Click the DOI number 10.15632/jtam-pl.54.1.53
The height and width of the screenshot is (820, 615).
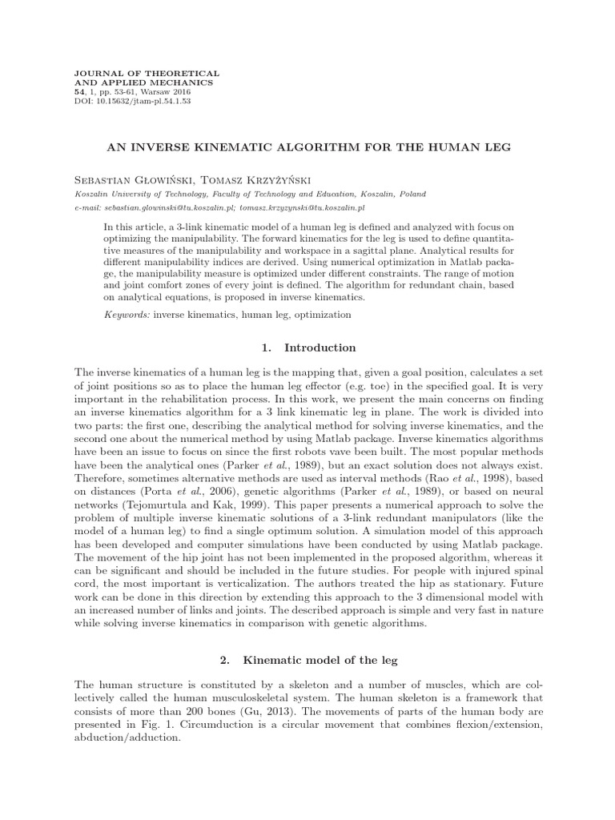coord(142,102)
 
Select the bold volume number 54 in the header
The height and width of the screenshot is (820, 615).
coord(78,92)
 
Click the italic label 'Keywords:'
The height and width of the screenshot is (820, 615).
coord(127,315)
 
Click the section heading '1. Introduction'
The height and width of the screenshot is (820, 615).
coord(308,348)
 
